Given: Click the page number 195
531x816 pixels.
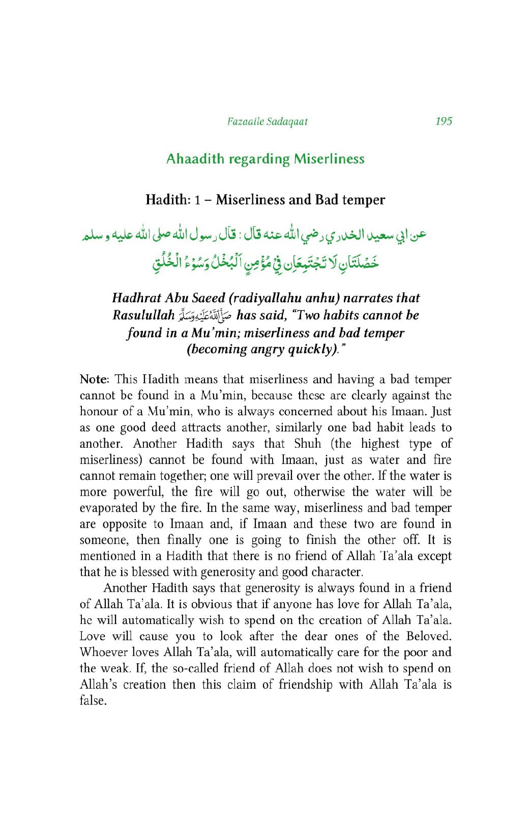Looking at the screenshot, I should (x=444, y=121).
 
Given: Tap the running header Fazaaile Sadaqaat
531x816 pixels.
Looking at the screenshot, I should (x=268, y=122).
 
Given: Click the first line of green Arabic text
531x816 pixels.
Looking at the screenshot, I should (x=254, y=235).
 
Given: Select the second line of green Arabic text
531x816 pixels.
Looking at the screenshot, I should (x=265, y=263).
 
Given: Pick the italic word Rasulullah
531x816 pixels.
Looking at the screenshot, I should (x=143, y=315).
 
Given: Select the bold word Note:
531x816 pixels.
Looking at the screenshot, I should (x=94, y=379).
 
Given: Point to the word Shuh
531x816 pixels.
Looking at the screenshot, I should (x=308, y=444).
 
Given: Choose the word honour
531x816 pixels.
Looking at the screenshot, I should (x=99, y=412).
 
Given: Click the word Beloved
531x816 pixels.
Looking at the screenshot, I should (x=428, y=636).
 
